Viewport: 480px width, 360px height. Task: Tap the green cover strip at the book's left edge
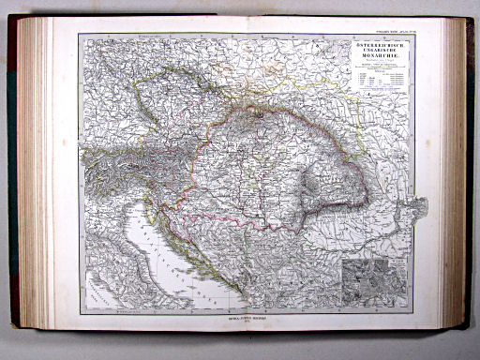pos(11,178)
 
